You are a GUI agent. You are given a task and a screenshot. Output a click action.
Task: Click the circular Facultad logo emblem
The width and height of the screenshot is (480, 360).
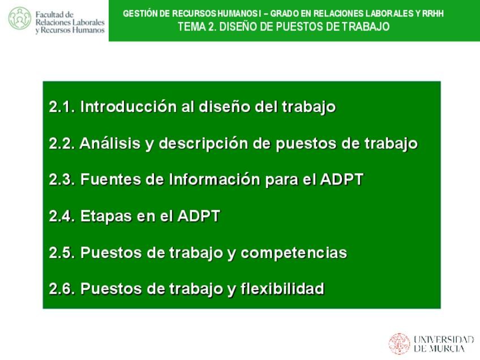tap(20, 18)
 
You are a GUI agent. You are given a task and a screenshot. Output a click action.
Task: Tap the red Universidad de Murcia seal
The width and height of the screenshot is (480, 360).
tap(400, 344)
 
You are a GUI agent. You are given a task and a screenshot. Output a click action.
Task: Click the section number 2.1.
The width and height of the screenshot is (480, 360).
tap(62, 107)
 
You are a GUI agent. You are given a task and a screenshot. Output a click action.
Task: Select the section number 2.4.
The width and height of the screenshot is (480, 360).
tap(62, 216)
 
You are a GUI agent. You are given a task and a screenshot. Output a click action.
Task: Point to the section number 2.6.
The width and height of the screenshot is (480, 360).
tap(62, 289)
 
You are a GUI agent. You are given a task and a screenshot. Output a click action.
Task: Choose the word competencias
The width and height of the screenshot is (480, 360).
tap(294, 254)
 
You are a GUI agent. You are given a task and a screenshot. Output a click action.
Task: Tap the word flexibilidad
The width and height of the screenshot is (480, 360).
tap(282, 289)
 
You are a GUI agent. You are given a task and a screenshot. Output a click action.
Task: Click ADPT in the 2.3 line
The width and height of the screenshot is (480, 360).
tap(341, 179)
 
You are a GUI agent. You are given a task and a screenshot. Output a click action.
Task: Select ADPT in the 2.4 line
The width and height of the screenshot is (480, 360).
tap(198, 216)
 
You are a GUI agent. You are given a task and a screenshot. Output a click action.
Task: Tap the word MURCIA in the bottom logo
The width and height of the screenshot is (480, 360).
tap(447, 349)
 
